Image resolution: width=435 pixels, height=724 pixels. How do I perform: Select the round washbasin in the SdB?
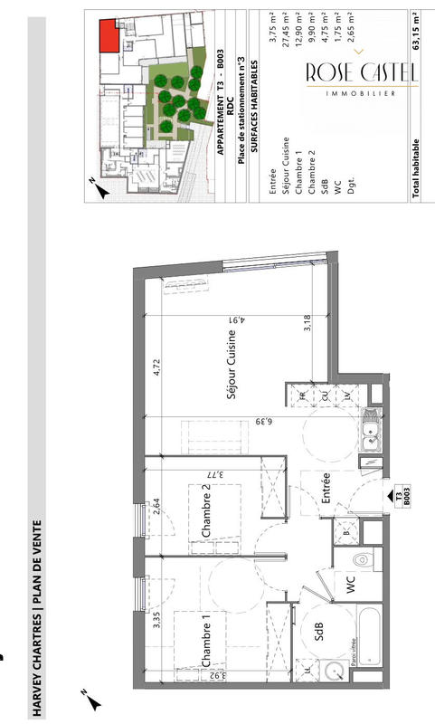click(334, 672)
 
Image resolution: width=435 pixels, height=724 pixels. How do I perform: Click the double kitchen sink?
click(371, 436)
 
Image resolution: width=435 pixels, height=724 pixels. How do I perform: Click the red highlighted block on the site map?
click(108, 36)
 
